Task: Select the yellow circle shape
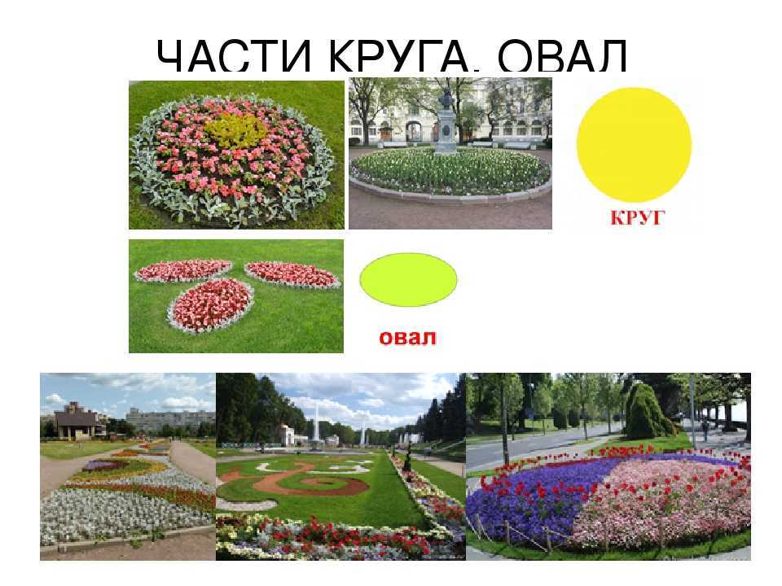pyautogui.click(x=634, y=144)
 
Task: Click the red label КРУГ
pyautogui.click(x=638, y=217)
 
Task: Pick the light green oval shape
pyautogui.click(x=408, y=279)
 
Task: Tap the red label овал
pyautogui.click(x=407, y=337)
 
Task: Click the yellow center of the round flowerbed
pyautogui.click(x=235, y=129)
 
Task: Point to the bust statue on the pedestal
pyautogui.click(x=446, y=97)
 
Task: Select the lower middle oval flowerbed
pyautogui.click(x=212, y=305)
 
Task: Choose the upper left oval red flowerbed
pyautogui.click(x=183, y=270)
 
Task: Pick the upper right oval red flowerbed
pyautogui.click(x=292, y=274)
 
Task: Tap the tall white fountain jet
pyautogui.click(x=316, y=421)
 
